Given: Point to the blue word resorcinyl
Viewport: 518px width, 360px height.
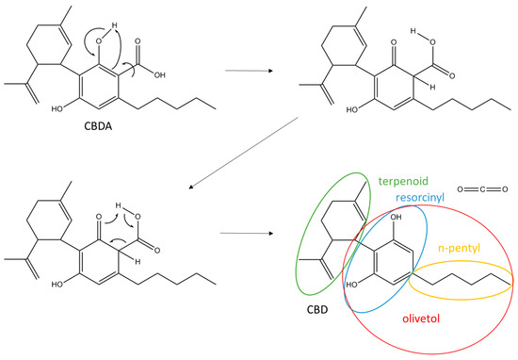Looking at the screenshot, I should (x=422, y=198).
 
